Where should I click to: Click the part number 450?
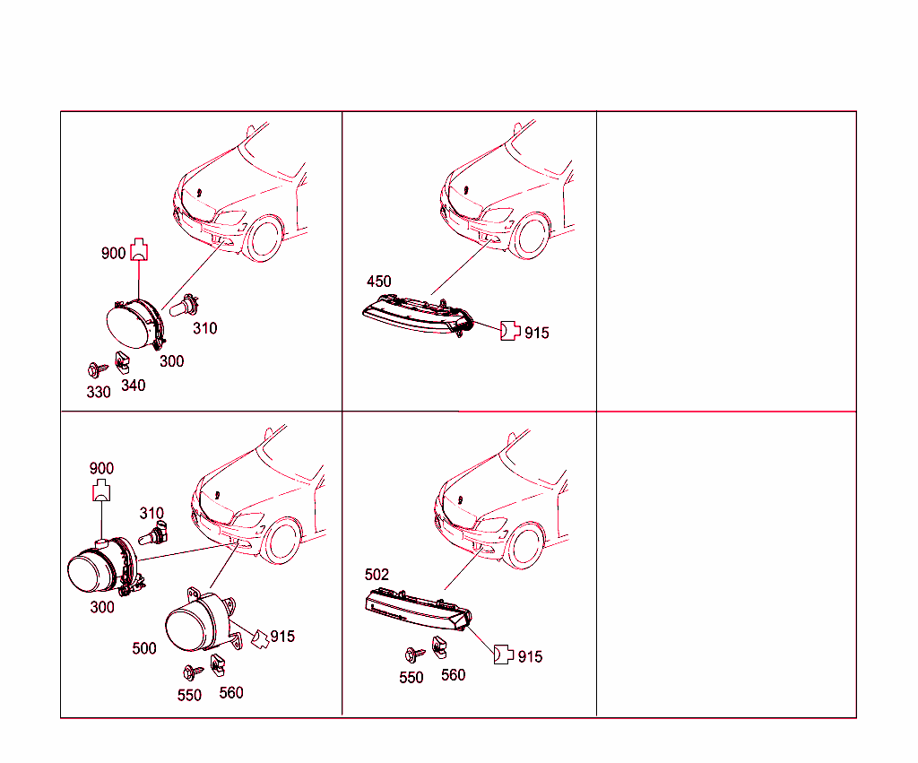379,282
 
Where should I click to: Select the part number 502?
377,575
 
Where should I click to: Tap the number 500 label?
144,648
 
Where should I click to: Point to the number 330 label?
99,392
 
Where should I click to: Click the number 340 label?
134,386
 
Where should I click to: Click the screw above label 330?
97,369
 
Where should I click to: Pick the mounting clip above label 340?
122,362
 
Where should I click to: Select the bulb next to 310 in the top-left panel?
184,305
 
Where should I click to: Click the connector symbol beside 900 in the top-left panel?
139,249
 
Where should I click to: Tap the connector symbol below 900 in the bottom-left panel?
101,490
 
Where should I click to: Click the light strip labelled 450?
417,315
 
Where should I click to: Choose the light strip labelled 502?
418,611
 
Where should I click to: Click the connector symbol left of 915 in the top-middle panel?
510,331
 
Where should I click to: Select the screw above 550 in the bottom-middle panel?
414,655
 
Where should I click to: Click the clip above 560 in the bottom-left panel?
217,663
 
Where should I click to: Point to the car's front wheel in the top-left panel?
264,238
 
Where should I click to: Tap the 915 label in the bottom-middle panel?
530,657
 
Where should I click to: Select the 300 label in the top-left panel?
171,361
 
